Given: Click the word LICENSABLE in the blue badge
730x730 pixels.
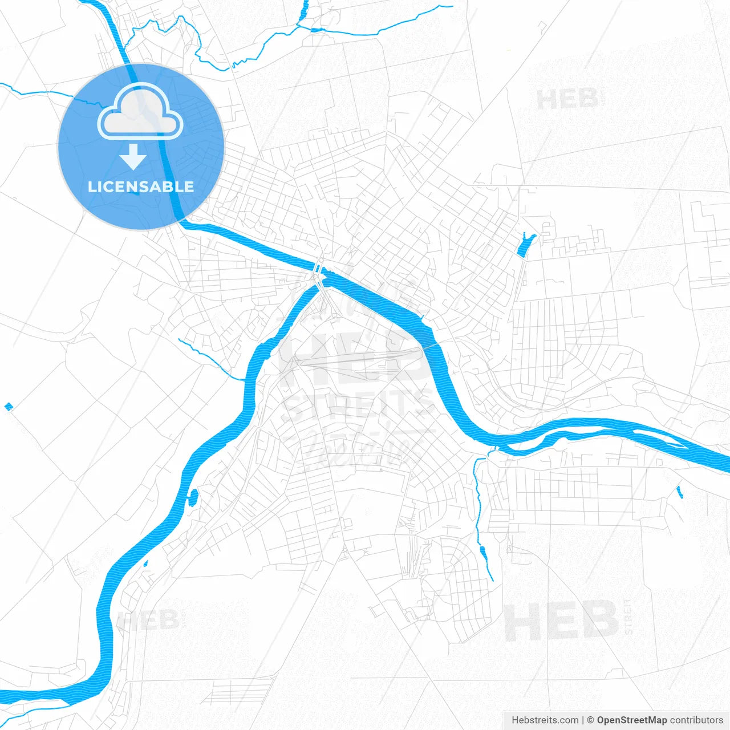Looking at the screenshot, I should [141, 186].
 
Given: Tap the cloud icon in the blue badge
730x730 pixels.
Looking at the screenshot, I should [140, 112].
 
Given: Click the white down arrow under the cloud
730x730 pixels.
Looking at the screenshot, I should [133, 157].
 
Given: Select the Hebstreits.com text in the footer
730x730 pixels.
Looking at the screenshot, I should [545, 720].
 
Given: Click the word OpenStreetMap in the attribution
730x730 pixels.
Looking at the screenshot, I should [631, 720].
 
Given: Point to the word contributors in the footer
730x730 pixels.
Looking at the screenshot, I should [696, 720].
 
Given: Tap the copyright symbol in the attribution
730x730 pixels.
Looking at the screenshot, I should [590, 720].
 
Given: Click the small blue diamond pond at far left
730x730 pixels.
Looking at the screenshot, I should [8, 407].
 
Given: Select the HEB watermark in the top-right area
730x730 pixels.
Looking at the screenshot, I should [567, 99].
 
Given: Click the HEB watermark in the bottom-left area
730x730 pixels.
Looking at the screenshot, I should [147, 620].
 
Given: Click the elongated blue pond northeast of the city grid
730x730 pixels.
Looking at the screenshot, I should [524, 245].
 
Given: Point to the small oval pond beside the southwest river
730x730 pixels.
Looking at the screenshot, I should [192, 498].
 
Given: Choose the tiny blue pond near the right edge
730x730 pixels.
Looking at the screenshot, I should [679, 491].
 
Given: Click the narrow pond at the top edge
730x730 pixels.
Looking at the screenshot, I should [303, 10].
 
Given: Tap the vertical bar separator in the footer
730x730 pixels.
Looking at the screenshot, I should [583, 720].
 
